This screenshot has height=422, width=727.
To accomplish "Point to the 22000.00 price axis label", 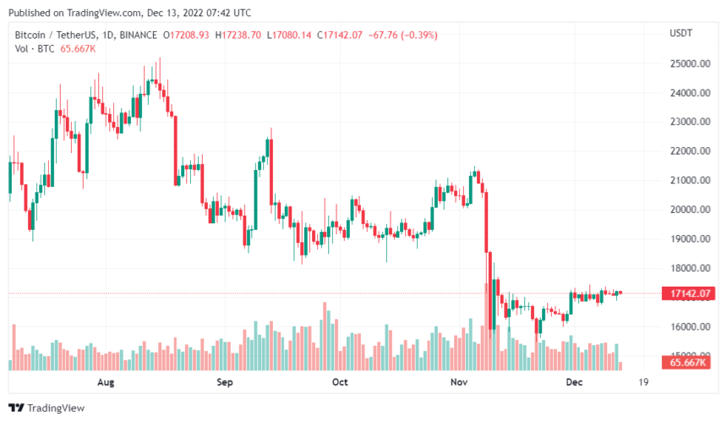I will (688, 151).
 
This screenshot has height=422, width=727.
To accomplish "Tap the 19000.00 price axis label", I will (688, 239).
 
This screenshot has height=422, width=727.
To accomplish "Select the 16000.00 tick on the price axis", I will (688, 327).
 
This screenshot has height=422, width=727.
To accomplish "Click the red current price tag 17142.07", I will (688, 293).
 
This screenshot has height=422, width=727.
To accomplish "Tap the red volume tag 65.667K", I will (689, 363).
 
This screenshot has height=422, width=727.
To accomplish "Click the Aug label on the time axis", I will (106, 383).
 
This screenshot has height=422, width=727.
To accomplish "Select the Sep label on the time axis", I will (224, 383).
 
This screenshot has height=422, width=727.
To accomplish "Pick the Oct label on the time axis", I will (340, 383).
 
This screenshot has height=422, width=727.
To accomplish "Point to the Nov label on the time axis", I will (459, 383).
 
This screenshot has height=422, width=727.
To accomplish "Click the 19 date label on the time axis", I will (644, 383).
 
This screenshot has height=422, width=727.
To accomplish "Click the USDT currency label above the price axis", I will (681, 33).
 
